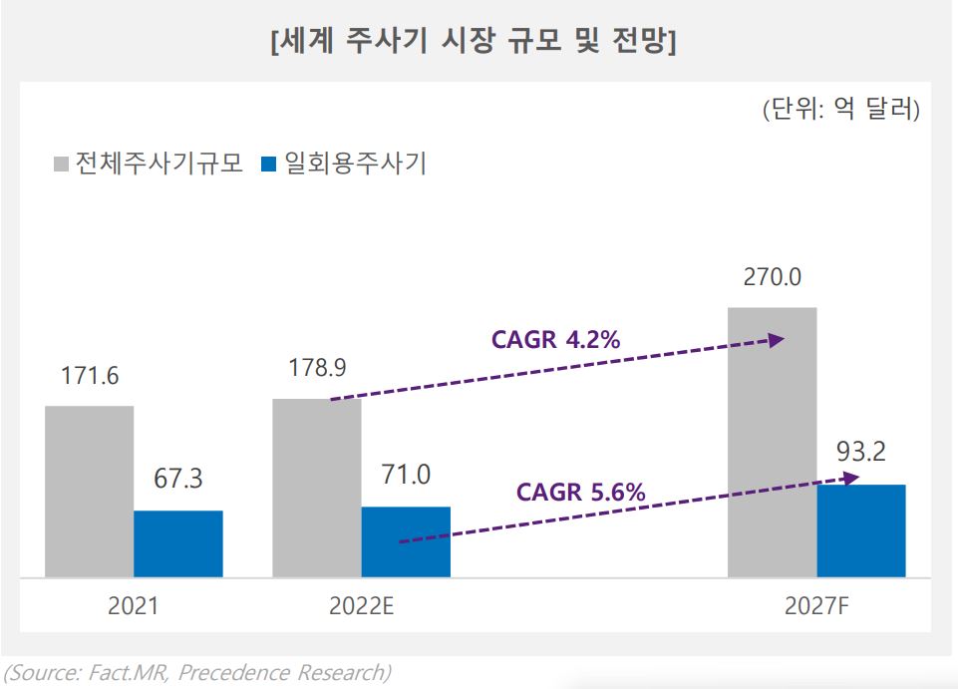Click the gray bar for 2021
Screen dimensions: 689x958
(90, 491)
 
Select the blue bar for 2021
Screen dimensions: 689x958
(178, 543)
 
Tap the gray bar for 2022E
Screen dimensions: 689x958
(317, 488)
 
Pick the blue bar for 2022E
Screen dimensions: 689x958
(406, 541)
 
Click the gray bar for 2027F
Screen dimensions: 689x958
(773, 442)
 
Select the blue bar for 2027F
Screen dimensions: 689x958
(861, 530)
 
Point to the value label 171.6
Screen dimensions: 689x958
(90, 376)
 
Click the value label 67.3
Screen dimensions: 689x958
(178, 481)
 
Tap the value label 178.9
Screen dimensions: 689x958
(317, 369)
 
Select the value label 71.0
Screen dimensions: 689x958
(406, 476)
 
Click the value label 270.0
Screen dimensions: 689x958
(773, 276)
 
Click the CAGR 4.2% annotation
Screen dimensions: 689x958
(555, 339)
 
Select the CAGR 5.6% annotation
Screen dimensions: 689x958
(580, 492)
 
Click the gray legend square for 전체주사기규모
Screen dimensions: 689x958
(60, 164)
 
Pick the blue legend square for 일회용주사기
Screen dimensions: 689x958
(268, 164)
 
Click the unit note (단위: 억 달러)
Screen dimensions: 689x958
(840, 109)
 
